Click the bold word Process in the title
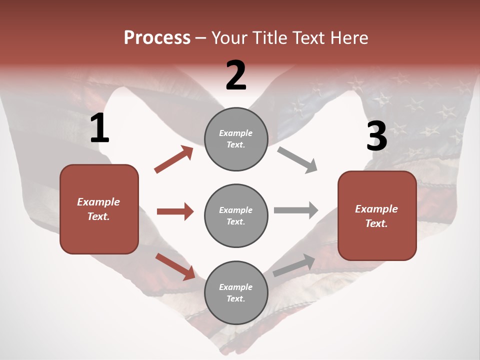point(157,38)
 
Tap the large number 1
point(99,128)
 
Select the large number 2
point(236,75)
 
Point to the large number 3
point(376,136)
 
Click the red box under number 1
point(99,209)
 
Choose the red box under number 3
point(377,215)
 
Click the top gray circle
point(236,138)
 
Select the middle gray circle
point(236,215)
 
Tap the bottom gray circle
point(236,292)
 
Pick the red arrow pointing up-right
point(173,159)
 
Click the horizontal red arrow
point(175,211)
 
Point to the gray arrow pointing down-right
point(297,159)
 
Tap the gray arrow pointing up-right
point(294,265)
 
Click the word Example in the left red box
point(98,202)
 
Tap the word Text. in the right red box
point(376,223)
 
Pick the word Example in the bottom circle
point(236,287)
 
